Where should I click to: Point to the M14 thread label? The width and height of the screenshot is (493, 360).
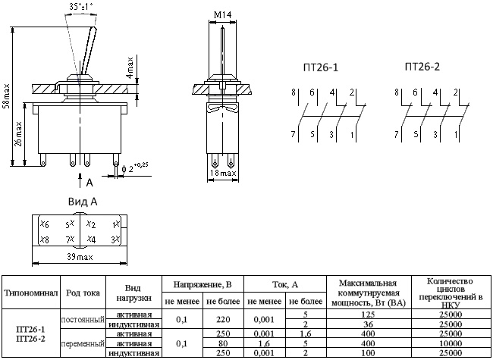click(221, 14)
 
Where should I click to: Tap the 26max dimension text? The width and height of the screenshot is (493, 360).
click(20, 133)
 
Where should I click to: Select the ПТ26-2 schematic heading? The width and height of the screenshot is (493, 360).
click(422, 67)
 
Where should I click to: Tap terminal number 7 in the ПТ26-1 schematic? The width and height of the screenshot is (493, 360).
click(292, 134)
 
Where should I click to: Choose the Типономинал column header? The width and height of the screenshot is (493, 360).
click(30, 293)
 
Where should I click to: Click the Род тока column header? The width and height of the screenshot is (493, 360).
click(83, 293)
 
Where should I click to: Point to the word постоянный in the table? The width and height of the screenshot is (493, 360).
click(83, 319)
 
